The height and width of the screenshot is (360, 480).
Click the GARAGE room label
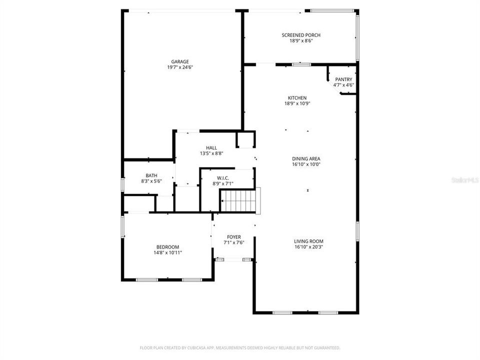coord(180,61)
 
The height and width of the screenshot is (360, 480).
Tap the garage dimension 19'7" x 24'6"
coord(180,67)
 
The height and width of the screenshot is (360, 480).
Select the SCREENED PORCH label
coord(301,35)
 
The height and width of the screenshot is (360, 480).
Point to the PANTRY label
coord(343,79)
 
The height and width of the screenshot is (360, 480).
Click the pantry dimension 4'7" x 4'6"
coord(343,85)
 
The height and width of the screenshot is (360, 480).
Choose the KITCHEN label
coord(297,98)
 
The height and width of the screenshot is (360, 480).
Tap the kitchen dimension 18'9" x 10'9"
coord(297,103)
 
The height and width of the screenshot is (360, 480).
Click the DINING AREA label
coord(306,158)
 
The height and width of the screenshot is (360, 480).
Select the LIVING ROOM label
coord(308,241)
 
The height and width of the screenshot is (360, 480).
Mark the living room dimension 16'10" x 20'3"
coord(308,246)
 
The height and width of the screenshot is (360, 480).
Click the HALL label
coord(211,148)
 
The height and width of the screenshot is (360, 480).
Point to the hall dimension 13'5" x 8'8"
coord(211,153)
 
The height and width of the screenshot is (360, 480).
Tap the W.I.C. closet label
coord(223,178)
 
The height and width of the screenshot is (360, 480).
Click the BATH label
coord(151,175)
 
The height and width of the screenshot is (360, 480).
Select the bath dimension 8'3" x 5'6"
coord(151,181)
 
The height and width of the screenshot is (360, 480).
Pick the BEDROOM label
coord(167,247)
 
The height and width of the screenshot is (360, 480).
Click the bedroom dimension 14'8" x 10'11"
coord(167,252)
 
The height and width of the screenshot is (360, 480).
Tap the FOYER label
coord(233,237)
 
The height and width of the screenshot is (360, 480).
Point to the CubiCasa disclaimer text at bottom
coord(240,347)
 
